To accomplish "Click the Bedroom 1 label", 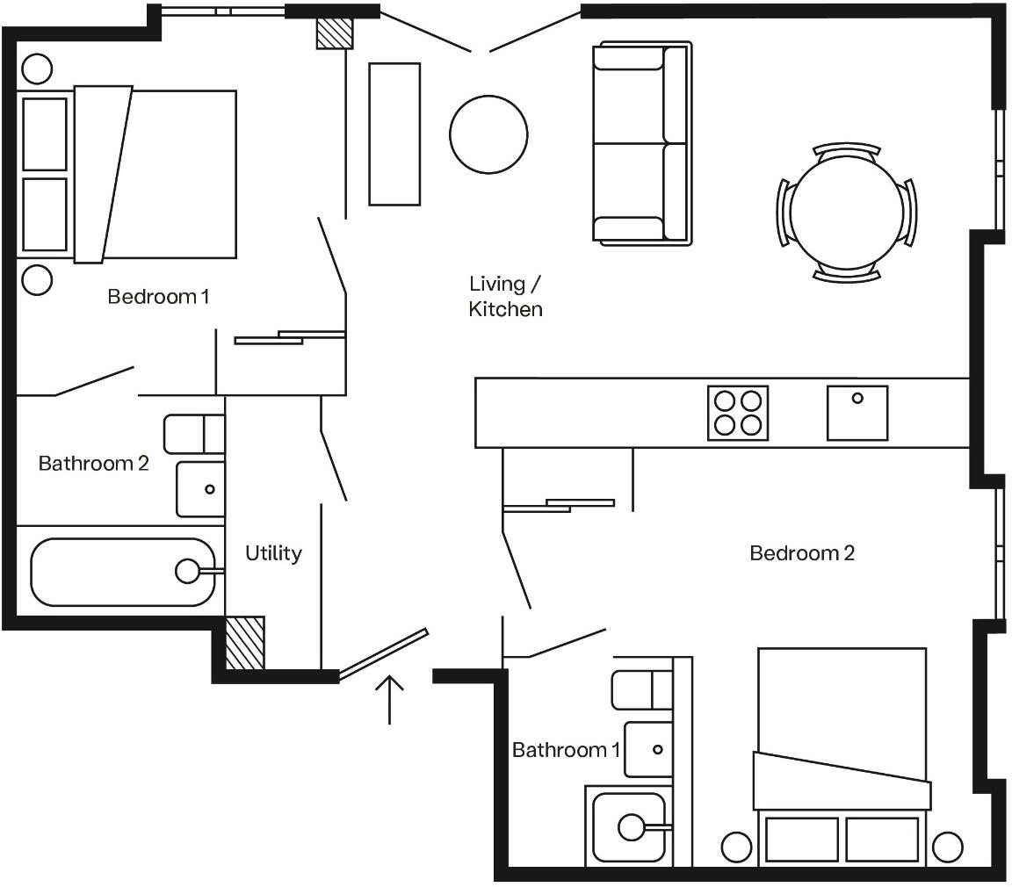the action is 158,296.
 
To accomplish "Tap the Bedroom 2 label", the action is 801,552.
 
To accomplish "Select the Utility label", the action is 273,552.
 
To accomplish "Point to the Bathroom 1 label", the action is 566,749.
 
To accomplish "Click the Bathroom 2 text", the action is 93,463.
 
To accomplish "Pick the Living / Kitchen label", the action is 505,296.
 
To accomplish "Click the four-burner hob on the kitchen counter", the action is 737,413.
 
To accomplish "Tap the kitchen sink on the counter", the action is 857,413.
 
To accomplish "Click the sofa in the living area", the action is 641,143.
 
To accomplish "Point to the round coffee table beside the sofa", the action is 488,134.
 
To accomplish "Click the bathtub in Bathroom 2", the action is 123,572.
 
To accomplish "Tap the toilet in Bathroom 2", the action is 194,434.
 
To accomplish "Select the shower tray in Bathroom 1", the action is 628,826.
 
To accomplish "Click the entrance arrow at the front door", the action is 389,698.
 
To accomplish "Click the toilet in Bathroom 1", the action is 641,689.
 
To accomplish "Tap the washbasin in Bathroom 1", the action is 647,749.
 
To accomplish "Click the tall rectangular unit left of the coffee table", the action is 394,133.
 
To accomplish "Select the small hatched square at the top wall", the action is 334,32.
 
